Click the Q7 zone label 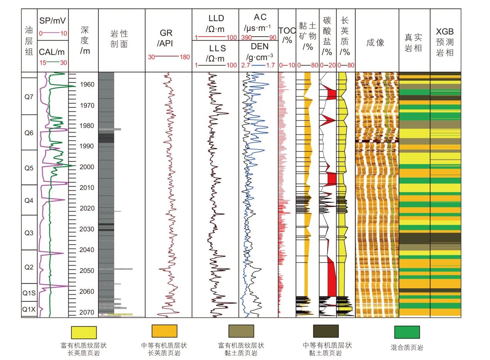pyautogui.click(x=29, y=97)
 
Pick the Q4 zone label pyautogui.click(x=29, y=200)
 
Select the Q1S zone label pyautogui.click(x=29, y=293)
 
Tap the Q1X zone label pyautogui.click(x=29, y=309)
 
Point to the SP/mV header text pyautogui.click(x=53, y=20)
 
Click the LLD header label pyautogui.click(x=216, y=19)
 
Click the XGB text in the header pyautogui.click(x=445, y=32)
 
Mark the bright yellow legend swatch pyautogui.click(x=84, y=332)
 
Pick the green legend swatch pyautogui.click(x=407, y=332)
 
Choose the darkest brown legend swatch pyautogui.click(x=326, y=331)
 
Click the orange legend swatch pyautogui.click(x=164, y=331)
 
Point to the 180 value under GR pyautogui.click(x=184, y=57)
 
